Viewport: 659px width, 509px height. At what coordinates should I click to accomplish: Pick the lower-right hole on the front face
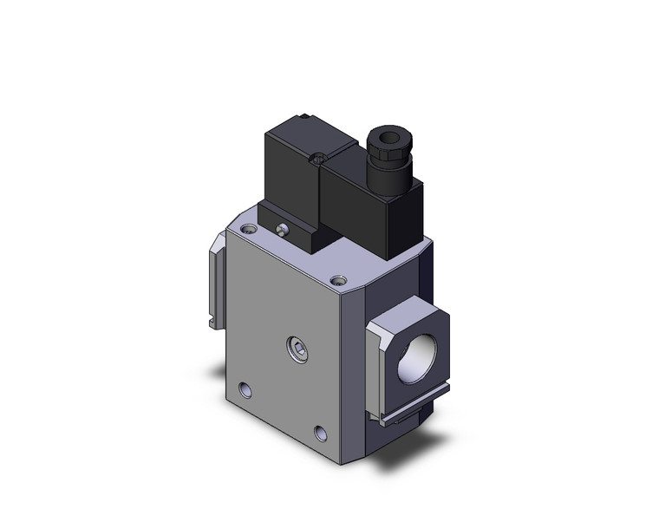click(323, 431)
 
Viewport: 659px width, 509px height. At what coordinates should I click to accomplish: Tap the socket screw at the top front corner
click(337, 280)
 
